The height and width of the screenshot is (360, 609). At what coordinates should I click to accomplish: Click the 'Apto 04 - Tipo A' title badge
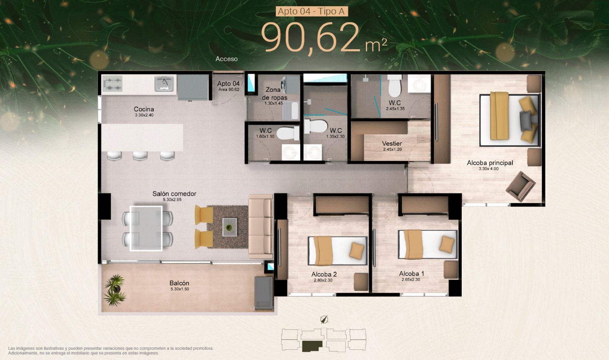click(x=312, y=11)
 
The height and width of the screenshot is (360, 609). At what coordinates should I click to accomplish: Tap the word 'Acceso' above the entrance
click(x=226, y=59)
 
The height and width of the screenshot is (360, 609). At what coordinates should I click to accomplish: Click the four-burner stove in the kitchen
click(x=112, y=84)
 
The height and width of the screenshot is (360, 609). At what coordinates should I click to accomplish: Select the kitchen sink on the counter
click(x=164, y=83)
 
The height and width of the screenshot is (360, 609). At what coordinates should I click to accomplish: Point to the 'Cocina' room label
click(x=144, y=109)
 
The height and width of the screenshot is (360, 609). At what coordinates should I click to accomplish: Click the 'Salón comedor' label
click(x=174, y=194)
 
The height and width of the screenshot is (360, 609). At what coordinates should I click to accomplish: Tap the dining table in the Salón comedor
click(x=146, y=228)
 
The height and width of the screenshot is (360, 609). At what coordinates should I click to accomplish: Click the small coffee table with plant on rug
click(x=230, y=227)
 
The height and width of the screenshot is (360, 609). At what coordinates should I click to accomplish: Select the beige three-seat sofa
click(x=261, y=226)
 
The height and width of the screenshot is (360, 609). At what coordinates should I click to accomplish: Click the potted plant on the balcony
click(x=115, y=290)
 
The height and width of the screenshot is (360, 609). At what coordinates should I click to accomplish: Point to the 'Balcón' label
click(x=179, y=283)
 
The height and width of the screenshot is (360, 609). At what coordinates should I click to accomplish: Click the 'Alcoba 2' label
click(x=324, y=274)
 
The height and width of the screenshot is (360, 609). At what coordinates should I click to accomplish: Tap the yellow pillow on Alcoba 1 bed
click(x=447, y=244)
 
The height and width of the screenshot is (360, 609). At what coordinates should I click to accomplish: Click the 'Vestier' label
click(x=392, y=143)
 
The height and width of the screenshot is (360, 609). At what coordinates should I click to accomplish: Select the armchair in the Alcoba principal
click(x=520, y=186)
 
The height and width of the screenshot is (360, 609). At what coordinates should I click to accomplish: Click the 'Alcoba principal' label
click(x=490, y=162)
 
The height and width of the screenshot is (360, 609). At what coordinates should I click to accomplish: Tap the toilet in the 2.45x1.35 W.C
click(x=394, y=86)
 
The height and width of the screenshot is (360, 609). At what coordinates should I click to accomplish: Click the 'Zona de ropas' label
click(x=274, y=93)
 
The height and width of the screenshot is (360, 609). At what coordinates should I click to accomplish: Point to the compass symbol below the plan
click(x=324, y=320)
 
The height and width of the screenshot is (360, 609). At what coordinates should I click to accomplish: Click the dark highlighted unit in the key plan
click(x=312, y=346)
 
